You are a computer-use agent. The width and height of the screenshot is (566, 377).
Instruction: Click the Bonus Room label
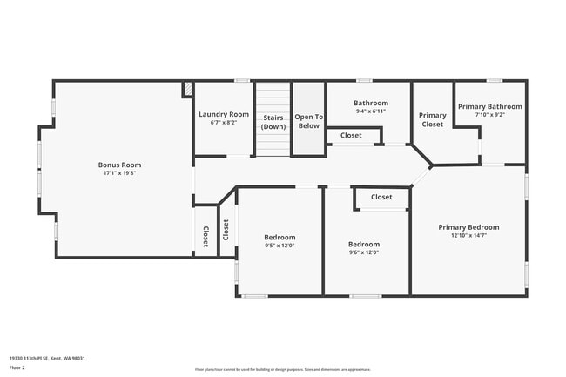point(119,165)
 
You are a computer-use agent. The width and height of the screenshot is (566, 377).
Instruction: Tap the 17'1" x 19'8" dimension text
point(119,172)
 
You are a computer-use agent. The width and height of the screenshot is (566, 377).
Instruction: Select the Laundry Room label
point(224,114)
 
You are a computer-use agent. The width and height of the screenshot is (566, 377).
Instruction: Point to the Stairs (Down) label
point(273,121)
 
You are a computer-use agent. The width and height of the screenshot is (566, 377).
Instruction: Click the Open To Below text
point(308,121)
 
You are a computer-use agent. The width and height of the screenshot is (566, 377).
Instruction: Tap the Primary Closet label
point(432,119)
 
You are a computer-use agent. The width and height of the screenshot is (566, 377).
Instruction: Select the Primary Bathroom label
point(489,106)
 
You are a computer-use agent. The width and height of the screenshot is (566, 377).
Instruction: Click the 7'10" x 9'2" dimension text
point(489,114)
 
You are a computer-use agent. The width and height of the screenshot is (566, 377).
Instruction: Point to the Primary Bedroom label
point(468,227)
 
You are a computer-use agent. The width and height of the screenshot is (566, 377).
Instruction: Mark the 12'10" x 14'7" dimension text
point(468,235)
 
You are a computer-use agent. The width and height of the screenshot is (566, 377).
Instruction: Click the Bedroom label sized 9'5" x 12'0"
point(280,237)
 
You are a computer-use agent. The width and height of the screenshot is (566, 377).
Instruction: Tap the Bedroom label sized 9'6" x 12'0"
point(364,245)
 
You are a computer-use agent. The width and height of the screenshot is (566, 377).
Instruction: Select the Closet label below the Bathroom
point(351,135)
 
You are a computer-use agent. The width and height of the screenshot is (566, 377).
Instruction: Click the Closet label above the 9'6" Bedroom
point(381,197)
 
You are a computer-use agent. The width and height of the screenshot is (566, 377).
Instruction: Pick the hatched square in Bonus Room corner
point(187,89)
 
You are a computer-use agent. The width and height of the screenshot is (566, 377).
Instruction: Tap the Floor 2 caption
point(17,367)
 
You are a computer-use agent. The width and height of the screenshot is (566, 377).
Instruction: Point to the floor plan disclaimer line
point(282,369)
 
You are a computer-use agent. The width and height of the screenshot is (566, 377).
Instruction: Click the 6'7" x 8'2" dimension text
point(224,122)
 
